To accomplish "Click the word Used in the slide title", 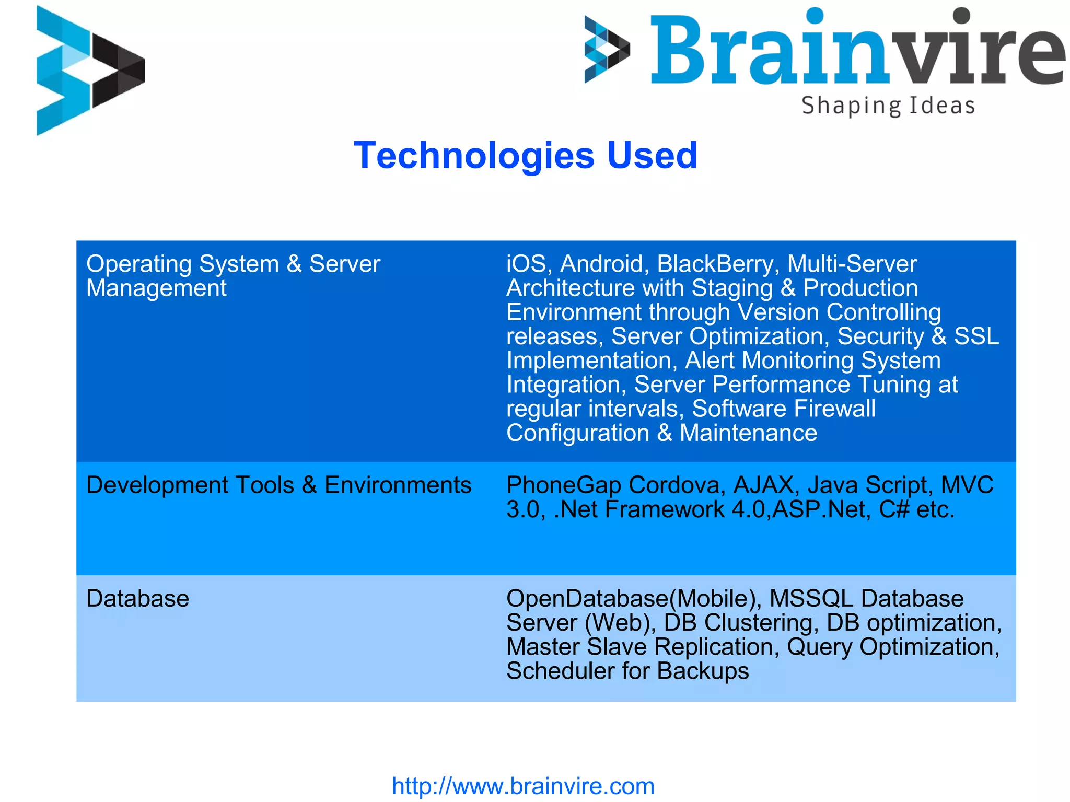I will click(x=652, y=156).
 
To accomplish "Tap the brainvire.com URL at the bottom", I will click(x=523, y=786).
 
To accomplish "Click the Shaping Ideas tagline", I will click(x=888, y=106).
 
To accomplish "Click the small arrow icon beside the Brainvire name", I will click(x=606, y=50).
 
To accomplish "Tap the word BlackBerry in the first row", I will click(x=715, y=264).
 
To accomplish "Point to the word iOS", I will click(x=526, y=264).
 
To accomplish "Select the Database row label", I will click(x=137, y=599).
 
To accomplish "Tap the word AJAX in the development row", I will click(x=763, y=485).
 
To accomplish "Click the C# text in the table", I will click(x=894, y=509).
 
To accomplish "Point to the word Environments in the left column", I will click(x=398, y=485).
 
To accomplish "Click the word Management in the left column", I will click(x=156, y=288).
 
